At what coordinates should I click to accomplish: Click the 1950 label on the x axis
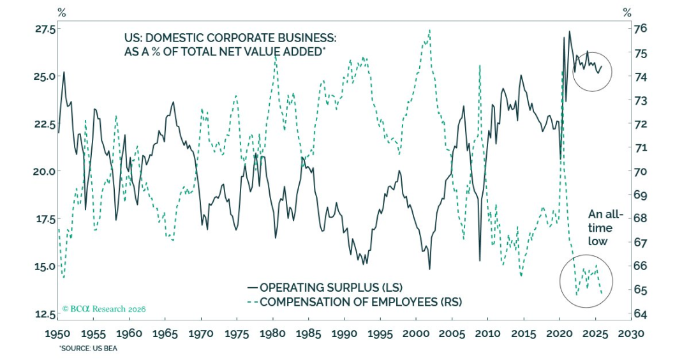click(59, 333)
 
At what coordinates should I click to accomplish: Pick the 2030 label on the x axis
click(632, 333)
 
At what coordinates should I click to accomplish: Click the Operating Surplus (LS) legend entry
click(325, 287)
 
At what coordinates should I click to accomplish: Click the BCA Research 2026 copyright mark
click(104, 309)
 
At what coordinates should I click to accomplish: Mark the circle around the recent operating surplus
click(592, 71)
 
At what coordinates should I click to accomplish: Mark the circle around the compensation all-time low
click(586, 280)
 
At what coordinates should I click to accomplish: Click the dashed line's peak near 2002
click(429, 29)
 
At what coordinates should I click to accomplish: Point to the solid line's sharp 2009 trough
click(480, 260)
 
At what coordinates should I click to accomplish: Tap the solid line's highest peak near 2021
click(569, 31)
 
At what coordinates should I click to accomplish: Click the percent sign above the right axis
click(627, 12)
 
